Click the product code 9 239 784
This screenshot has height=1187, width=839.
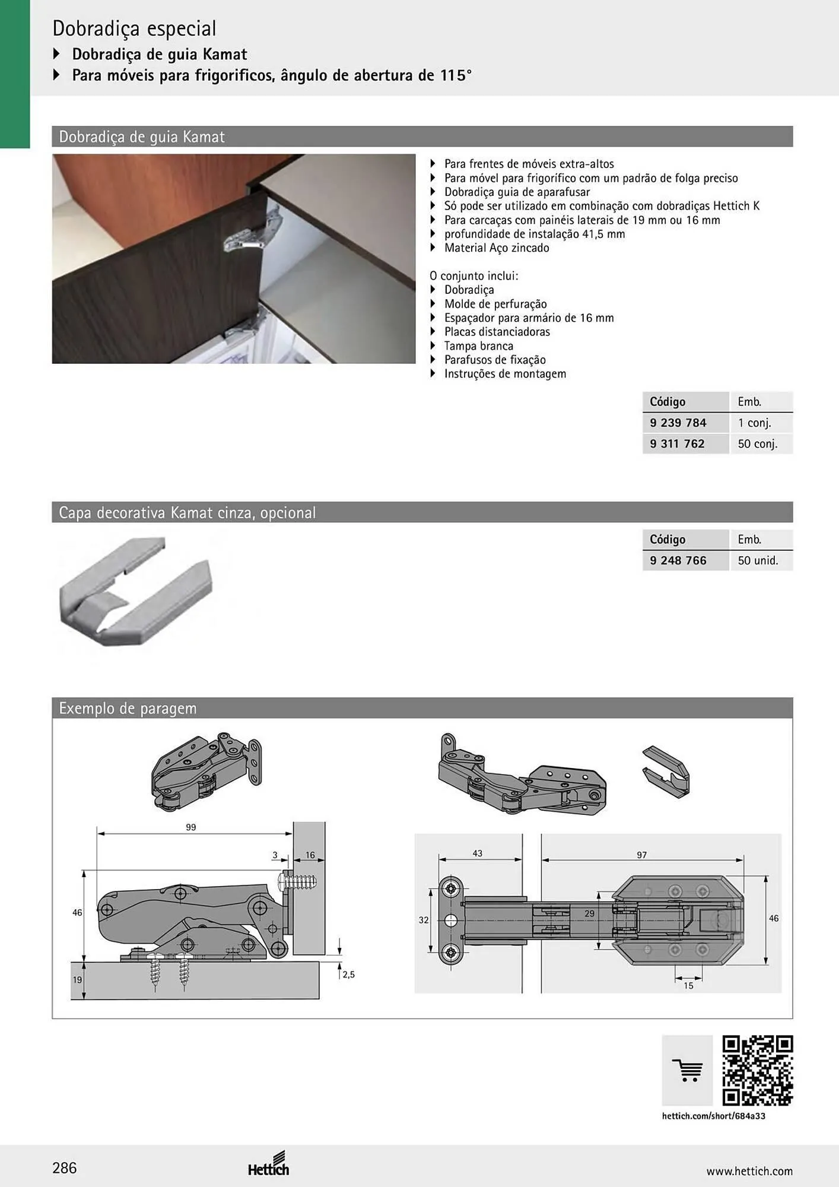[x=678, y=423]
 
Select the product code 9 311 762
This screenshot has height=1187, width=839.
[x=677, y=443]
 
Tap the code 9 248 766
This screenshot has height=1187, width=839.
[x=678, y=560]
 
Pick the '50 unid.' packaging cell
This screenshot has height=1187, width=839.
[x=758, y=560]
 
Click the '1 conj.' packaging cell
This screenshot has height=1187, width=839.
[x=754, y=423]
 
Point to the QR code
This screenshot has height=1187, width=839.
[x=758, y=1071]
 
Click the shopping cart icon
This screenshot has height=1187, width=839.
[x=687, y=1071]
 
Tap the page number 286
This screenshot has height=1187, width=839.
[x=65, y=1168]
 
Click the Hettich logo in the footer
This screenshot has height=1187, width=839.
[x=269, y=1164]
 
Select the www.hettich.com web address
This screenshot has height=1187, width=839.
[x=749, y=1171]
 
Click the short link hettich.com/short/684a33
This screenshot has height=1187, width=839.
[x=714, y=1116]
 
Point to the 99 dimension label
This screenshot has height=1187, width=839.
[x=190, y=827]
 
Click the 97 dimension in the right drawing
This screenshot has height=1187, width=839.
[x=642, y=855]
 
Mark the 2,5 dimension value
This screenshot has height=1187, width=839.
[x=348, y=975]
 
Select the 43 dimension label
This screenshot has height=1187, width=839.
[x=478, y=853]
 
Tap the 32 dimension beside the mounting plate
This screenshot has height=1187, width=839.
[x=424, y=920]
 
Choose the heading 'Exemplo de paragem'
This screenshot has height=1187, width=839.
[x=128, y=708]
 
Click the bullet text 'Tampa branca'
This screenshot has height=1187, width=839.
[x=479, y=345]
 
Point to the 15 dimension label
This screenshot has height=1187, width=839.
[x=688, y=986]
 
